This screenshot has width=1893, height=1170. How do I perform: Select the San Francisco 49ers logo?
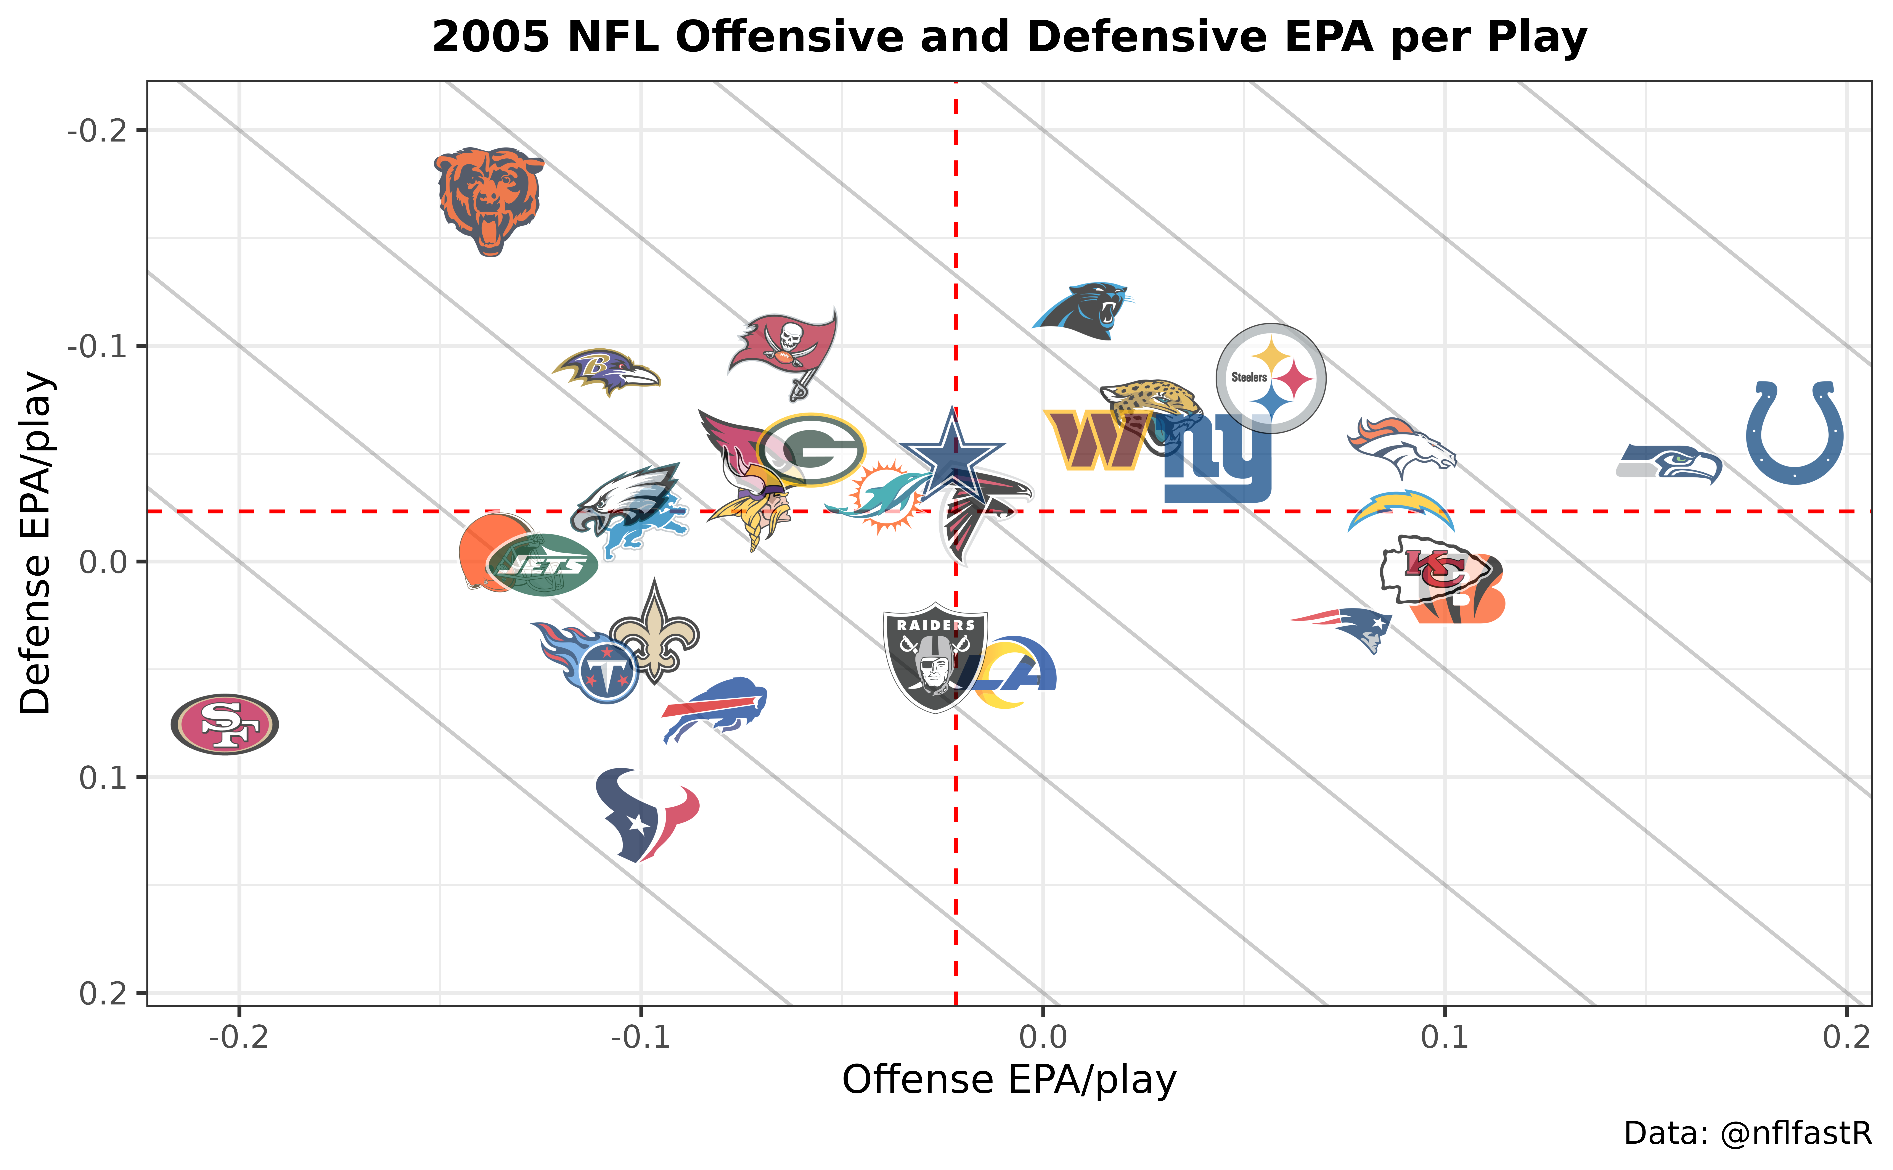coord(224,724)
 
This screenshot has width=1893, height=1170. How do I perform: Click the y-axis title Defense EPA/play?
coord(35,543)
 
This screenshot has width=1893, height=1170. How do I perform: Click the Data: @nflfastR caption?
coord(1747,1134)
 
